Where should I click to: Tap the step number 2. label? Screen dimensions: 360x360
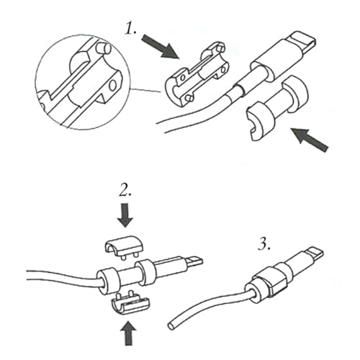(125, 191)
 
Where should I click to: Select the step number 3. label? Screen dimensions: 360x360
(264, 245)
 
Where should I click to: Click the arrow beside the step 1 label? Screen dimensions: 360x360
(160, 46)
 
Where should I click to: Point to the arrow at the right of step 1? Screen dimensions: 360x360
(310, 140)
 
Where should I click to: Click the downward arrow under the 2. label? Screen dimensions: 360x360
(125, 215)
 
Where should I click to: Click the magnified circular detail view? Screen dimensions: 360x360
(83, 82)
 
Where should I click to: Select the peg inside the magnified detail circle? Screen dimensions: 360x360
(103, 48)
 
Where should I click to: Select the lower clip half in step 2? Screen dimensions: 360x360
(129, 303)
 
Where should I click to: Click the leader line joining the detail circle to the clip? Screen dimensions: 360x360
(146, 90)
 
